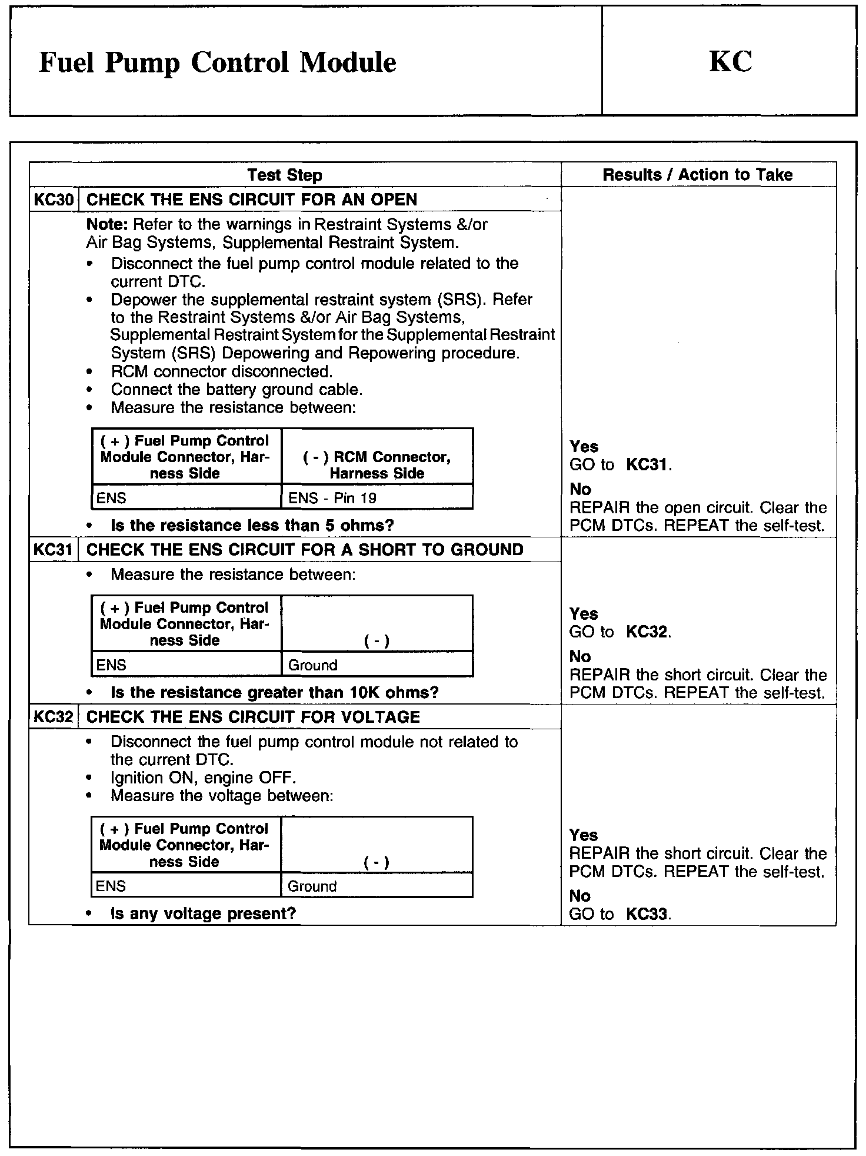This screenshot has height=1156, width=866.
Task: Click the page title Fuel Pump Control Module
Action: coord(217,62)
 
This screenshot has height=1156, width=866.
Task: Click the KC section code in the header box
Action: coord(730,61)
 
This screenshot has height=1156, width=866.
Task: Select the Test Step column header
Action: coord(284,175)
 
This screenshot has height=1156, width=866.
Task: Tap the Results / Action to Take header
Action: coord(697,175)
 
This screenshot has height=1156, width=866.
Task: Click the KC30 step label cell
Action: coord(54,200)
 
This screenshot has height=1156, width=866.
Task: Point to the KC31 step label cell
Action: coord(54,550)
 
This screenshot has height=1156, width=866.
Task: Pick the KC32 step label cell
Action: coord(54,717)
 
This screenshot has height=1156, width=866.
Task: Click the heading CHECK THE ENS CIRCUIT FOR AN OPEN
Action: coord(251,200)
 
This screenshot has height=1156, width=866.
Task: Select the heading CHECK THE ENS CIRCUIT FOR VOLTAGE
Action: coord(253,717)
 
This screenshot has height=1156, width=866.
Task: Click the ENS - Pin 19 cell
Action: coord(332,498)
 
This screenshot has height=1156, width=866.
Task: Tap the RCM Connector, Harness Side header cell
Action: coord(377,465)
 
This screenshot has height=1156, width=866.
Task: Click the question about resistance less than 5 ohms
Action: coord(252,525)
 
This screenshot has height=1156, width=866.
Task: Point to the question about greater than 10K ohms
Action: coord(274,692)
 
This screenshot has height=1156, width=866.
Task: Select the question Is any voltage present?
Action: coord(203,913)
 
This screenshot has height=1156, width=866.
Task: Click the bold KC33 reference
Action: coord(647,914)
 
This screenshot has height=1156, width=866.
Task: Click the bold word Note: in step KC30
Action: coord(108,224)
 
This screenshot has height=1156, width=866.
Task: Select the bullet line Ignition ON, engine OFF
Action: coord(203,778)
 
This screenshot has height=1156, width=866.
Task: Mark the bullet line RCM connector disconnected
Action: coord(222,371)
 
